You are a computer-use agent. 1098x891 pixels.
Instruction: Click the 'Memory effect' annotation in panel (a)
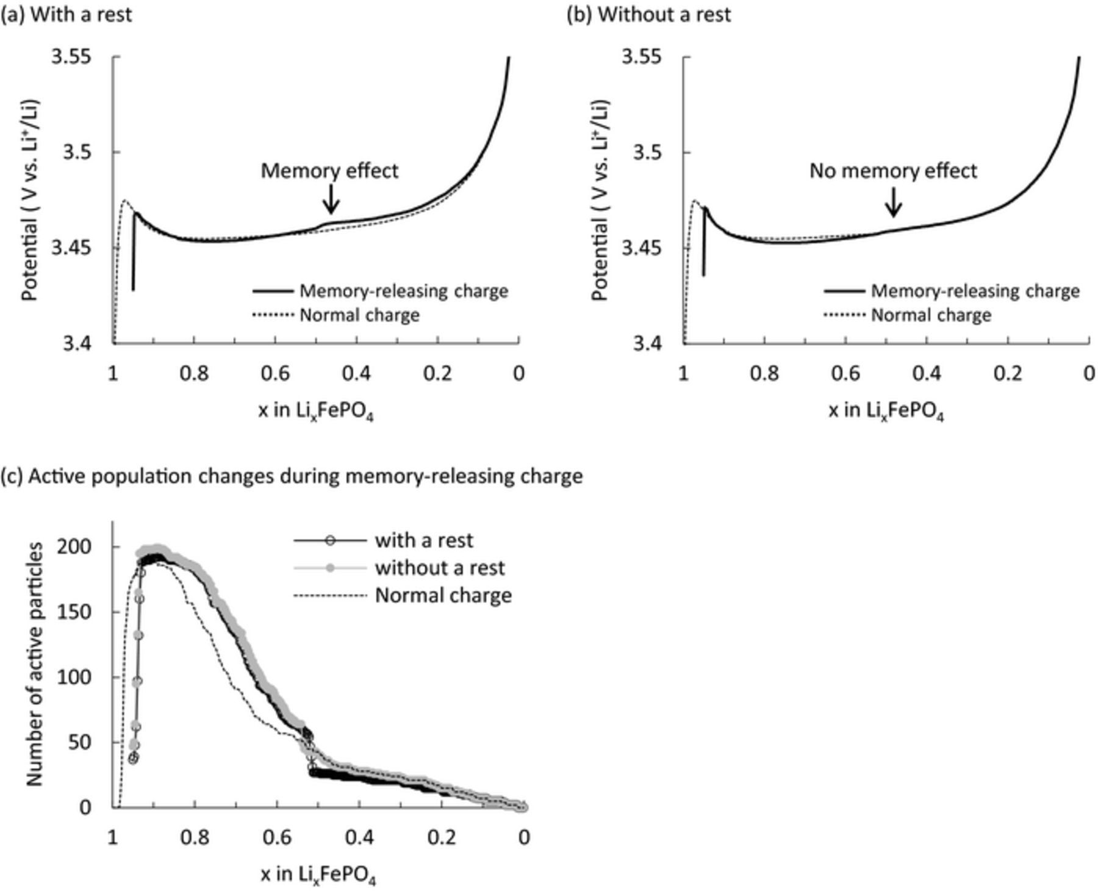click(x=329, y=171)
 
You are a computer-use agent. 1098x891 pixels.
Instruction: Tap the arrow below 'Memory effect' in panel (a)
click(x=331, y=199)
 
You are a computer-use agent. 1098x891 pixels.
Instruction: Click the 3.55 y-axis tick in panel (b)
click(x=641, y=57)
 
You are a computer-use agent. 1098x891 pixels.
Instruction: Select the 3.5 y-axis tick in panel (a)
click(x=77, y=152)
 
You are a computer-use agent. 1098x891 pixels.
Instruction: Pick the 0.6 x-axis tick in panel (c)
click(x=277, y=837)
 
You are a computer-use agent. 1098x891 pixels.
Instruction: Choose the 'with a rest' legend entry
click(x=424, y=540)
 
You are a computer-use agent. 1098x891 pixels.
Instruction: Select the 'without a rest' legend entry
click(x=439, y=568)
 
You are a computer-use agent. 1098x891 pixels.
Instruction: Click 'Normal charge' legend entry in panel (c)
click(x=443, y=595)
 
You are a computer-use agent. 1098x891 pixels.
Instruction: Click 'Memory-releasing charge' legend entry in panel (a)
click(x=403, y=291)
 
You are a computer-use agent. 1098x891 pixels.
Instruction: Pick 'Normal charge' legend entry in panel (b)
click(x=931, y=315)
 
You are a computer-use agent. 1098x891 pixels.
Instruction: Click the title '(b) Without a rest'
click(x=648, y=14)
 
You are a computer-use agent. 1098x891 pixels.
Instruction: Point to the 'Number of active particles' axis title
click(x=35, y=664)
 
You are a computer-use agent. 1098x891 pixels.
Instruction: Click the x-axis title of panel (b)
click(x=886, y=412)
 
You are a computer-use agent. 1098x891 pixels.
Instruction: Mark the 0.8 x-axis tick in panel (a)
click(x=194, y=373)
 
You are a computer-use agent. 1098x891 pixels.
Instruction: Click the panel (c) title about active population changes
click(x=292, y=476)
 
